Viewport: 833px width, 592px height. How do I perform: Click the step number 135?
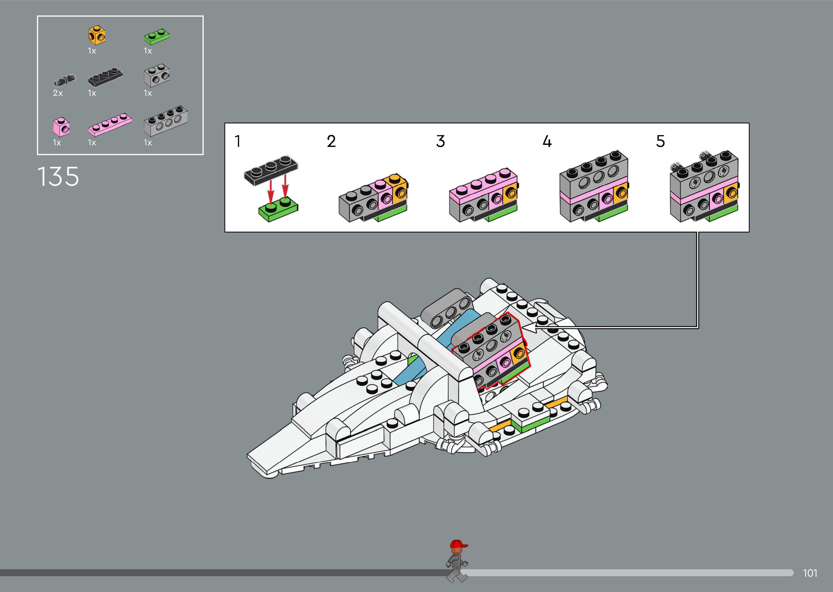[58, 177]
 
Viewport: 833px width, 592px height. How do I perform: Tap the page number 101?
[810, 573]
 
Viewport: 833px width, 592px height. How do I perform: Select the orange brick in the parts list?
[97, 35]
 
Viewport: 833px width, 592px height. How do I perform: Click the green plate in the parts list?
[156, 37]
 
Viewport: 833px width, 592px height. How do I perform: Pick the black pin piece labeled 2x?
[65, 80]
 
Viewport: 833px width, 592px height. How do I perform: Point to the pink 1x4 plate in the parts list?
[110, 125]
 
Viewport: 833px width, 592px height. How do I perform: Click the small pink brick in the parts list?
[61, 127]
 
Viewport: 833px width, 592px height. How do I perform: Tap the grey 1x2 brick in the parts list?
[157, 75]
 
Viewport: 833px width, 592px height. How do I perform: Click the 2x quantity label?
[58, 93]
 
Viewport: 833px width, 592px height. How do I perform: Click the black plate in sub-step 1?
[271, 169]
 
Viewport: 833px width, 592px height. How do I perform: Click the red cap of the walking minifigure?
[458, 544]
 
